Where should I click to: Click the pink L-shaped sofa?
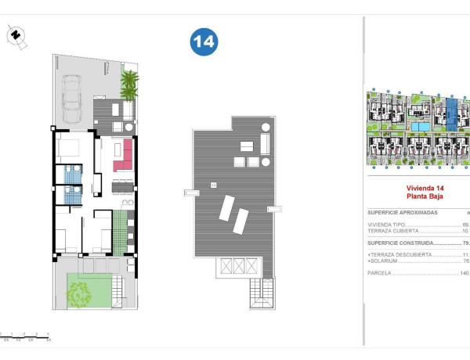tap(124, 155)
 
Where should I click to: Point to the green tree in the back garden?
tap(78, 293)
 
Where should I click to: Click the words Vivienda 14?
tap(424, 188)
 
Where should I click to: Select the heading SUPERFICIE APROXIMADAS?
tap(403, 212)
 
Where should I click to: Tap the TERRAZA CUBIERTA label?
tap(396, 231)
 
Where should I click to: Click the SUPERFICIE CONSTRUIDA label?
tap(402, 243)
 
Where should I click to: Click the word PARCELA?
tap(381, 273)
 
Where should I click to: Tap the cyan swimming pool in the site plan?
tap(421, 126)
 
